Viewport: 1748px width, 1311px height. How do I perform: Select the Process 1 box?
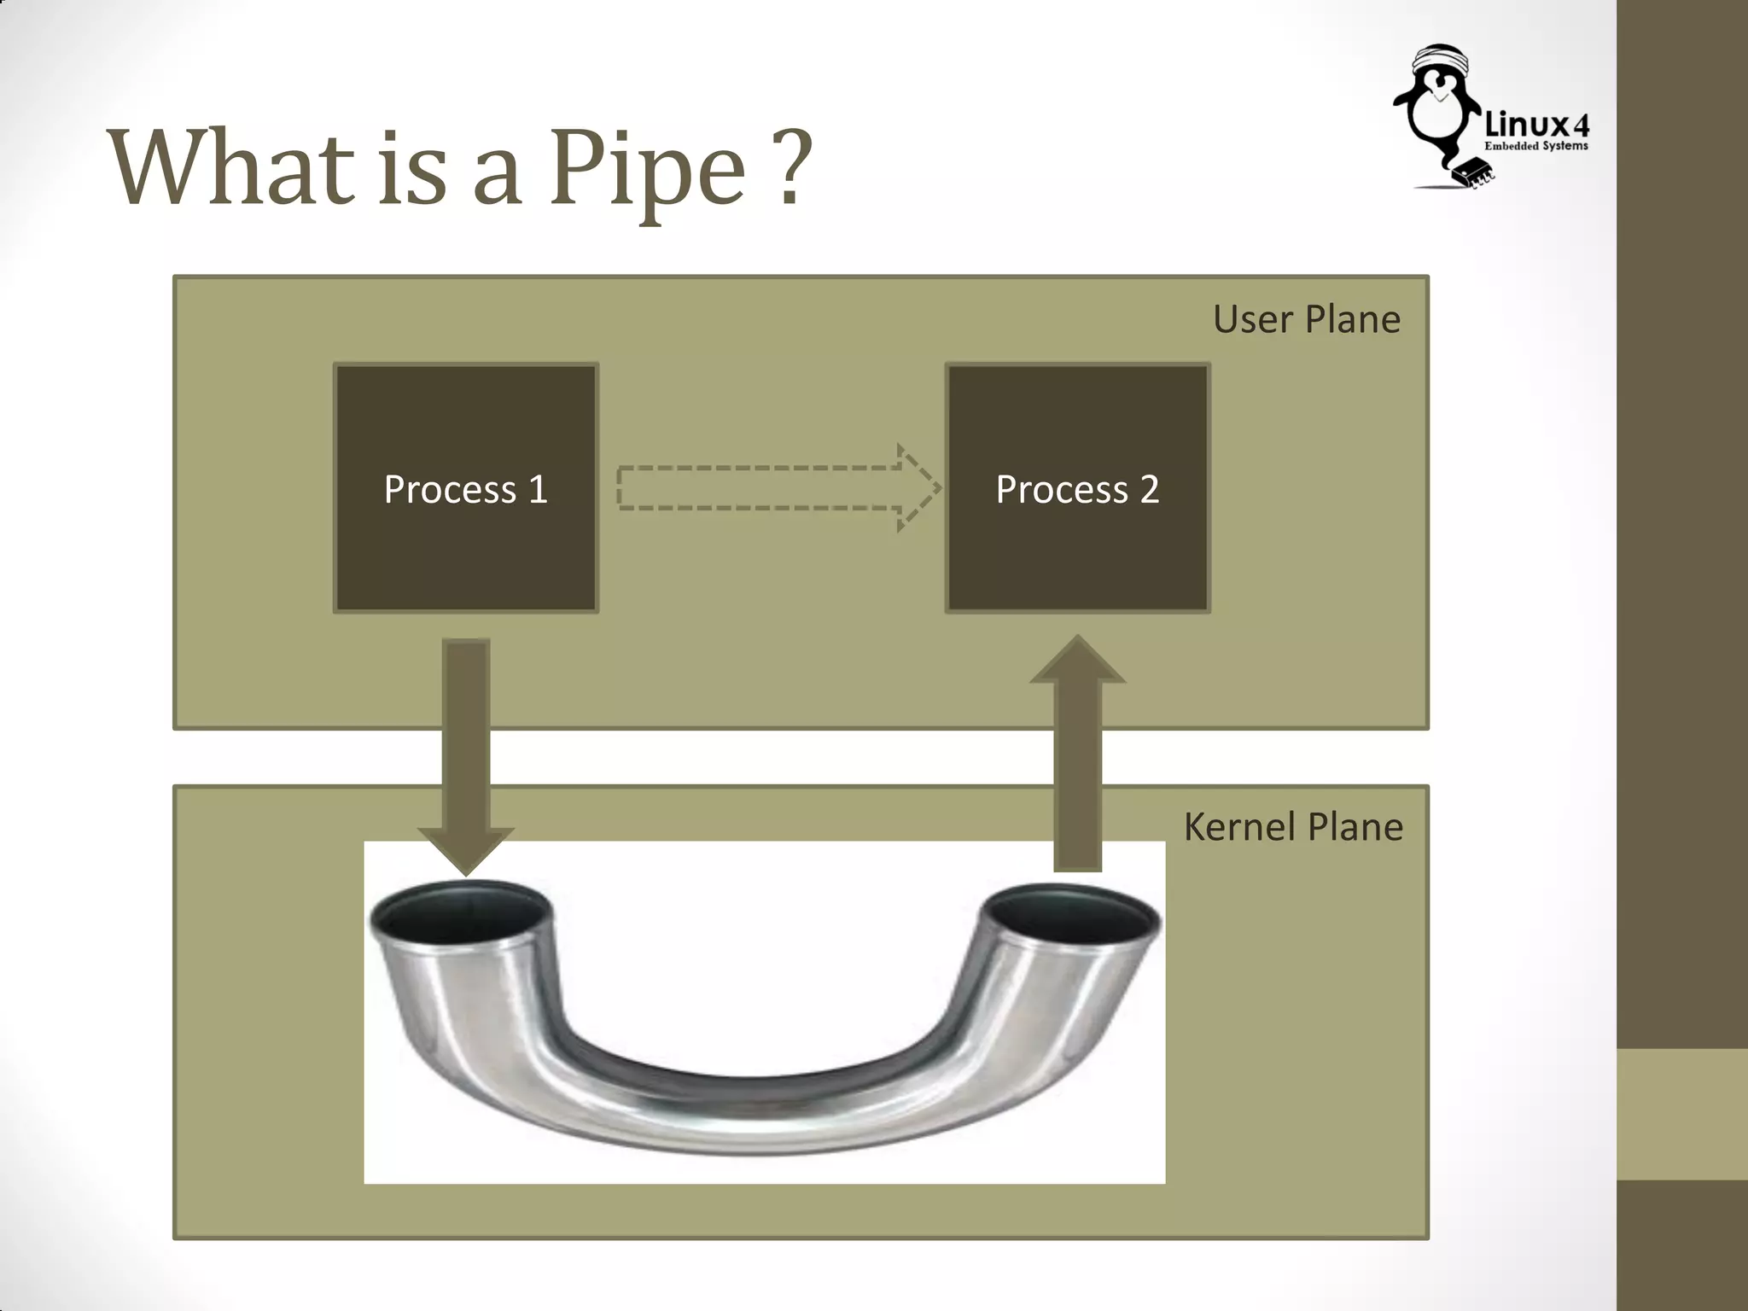click(466, 488)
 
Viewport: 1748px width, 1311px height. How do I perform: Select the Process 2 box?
click(1077, 488)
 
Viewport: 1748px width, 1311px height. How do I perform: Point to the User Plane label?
click(1306, 319)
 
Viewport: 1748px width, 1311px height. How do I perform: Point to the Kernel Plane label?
click(1292, 826)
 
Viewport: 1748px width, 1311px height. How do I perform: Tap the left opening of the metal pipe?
click(461, 917)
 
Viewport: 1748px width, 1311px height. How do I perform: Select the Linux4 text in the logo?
click(1536, 125)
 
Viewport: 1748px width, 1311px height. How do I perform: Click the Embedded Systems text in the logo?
click(1536, 147)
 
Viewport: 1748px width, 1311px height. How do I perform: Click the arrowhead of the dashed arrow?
click(918, 488)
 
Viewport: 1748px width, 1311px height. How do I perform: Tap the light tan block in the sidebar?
click(1681, 1114)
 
